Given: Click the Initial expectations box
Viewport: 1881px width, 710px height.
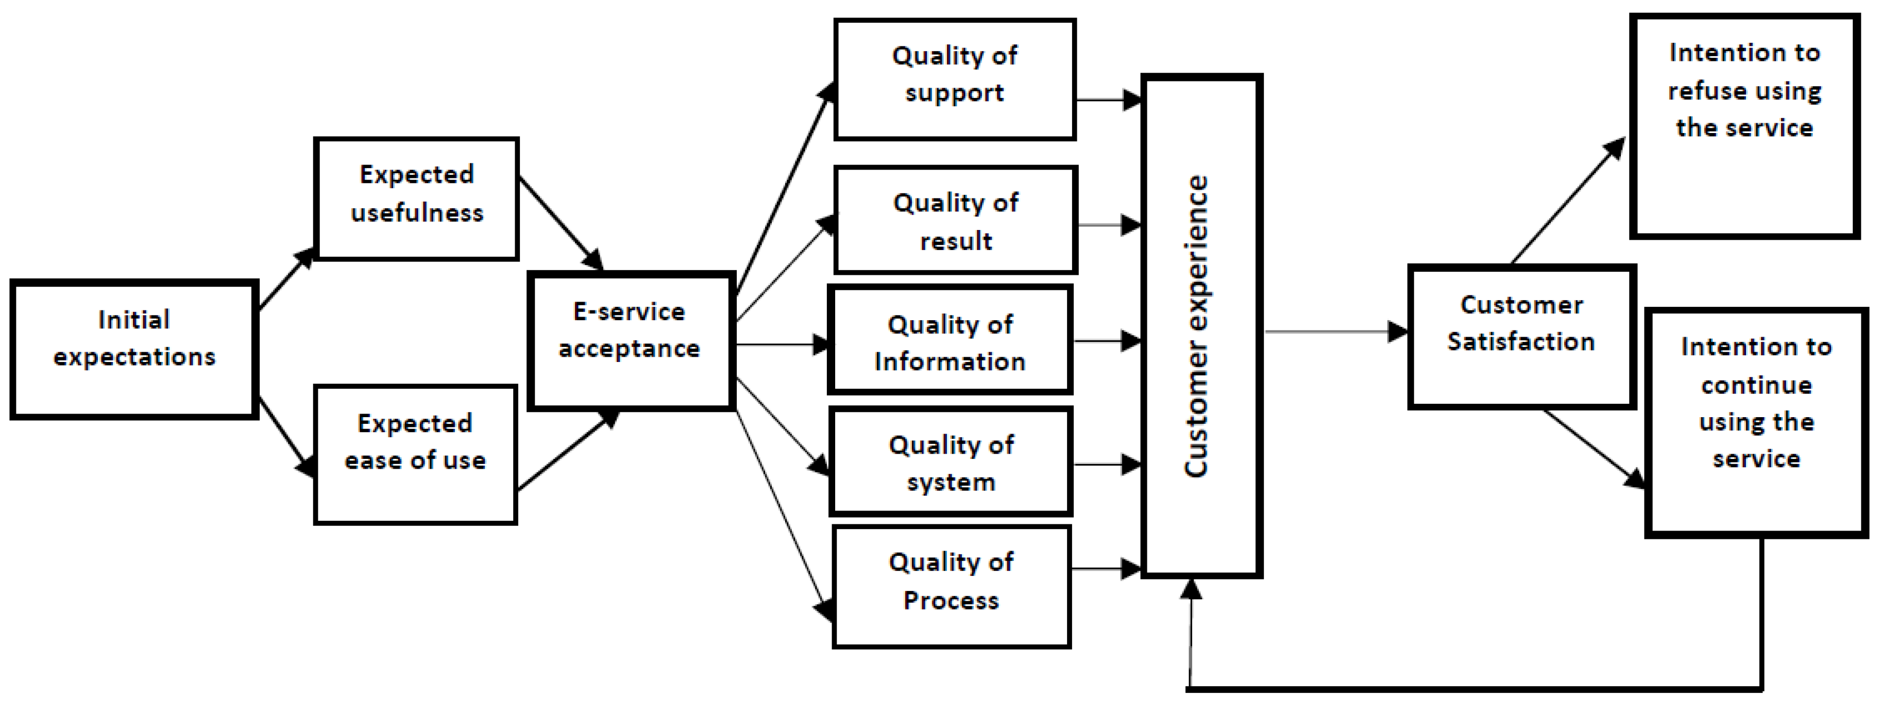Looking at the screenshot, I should [x=134, y=349].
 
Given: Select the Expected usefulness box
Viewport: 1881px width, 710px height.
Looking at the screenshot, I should [x=416, y=199].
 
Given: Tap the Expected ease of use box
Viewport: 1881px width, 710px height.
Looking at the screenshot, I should [x=415, y=454].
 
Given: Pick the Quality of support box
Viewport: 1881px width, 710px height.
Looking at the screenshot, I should [x=954, y=79].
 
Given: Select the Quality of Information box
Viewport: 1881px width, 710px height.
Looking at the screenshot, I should [x=950, y=340].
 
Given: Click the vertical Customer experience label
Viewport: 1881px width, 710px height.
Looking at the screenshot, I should [x=1197, y=326].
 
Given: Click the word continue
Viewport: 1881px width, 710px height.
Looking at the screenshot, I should [x=1756, y=385].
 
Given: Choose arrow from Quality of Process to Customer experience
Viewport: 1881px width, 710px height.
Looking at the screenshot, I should [x=1106, y=568].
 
